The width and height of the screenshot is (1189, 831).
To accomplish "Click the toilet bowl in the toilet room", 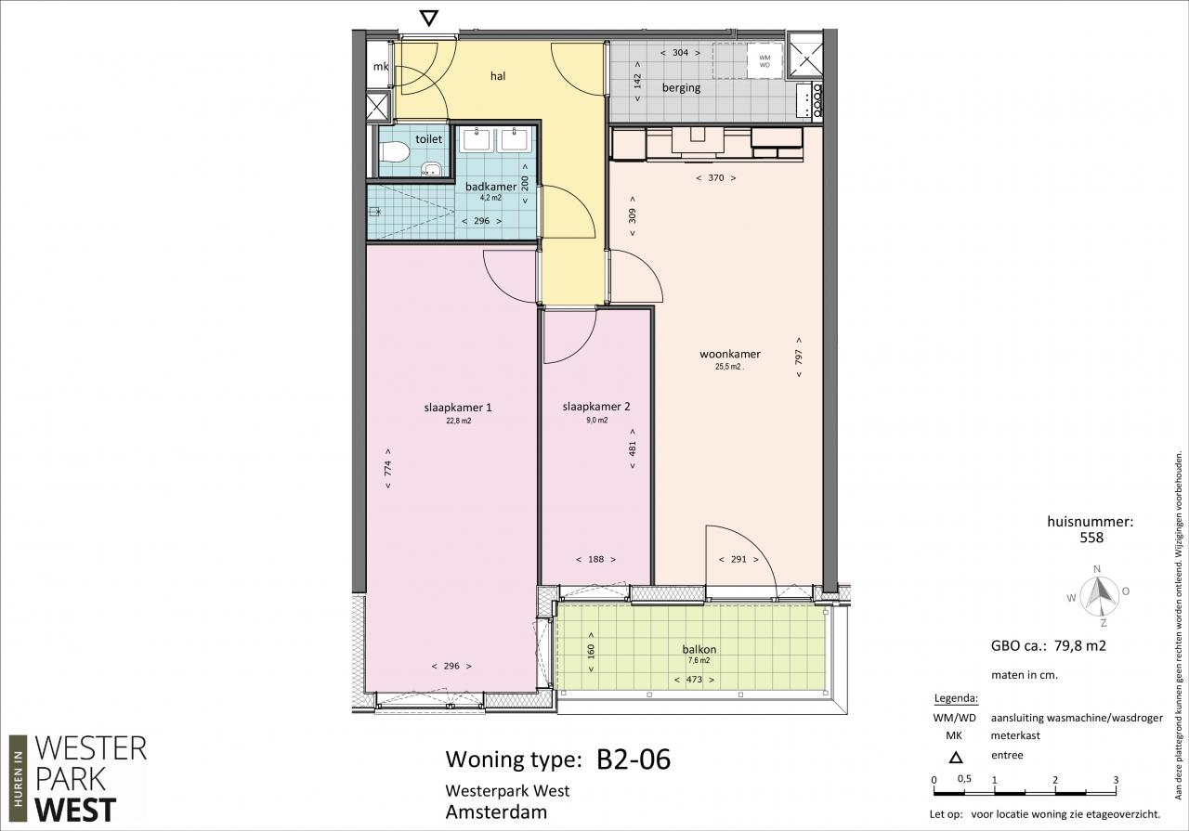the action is pyautogui.click(x=394, y=152).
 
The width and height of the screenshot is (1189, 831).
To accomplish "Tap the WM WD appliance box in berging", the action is pyautogui.click(x=764, y=61).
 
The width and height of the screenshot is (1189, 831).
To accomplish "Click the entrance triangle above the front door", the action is pyautogui.click(x=428, y=19).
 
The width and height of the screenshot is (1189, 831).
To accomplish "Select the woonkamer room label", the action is pyautogui.click(x=730, y=354).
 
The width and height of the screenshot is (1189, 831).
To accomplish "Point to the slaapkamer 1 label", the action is pyautogui.click(x=458, y=408).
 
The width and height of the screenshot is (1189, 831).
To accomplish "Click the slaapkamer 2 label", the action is pyautogui.click(x=596, y=407).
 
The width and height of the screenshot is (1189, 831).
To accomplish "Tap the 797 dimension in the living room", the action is pyautogui.click(x=799, y=357).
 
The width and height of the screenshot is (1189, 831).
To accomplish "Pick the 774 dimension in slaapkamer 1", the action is pyautogui.click(x=388, y=468).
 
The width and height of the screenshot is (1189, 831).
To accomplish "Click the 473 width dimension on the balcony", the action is pyautogui.click(x=694, y=680).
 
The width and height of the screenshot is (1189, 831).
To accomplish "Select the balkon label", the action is pyautogui.click(x=699, y=649).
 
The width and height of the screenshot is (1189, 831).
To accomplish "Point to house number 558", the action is pyautogui.click(x=1091, y=538).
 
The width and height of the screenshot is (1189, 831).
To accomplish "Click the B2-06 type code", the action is pyautogui.click(x=634, y=759).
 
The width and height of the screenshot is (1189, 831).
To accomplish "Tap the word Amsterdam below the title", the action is pyautogui.click(x=496, y=812).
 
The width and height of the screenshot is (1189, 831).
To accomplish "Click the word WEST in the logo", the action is pyautogui.click(x=75, y=810).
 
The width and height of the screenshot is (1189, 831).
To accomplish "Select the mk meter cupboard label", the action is pyautogui.click(x=381, y=66).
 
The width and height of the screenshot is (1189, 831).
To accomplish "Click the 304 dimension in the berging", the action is pyautogui.click(x=680, y=53).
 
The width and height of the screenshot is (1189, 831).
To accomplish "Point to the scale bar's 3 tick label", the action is pyautogui.click(x=1116, y=780).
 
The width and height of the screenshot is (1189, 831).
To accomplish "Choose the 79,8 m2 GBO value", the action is pyautogui.click(x=1079, y=646).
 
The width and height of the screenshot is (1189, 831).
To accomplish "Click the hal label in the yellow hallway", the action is pyautogui.click(x=497, y=76).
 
